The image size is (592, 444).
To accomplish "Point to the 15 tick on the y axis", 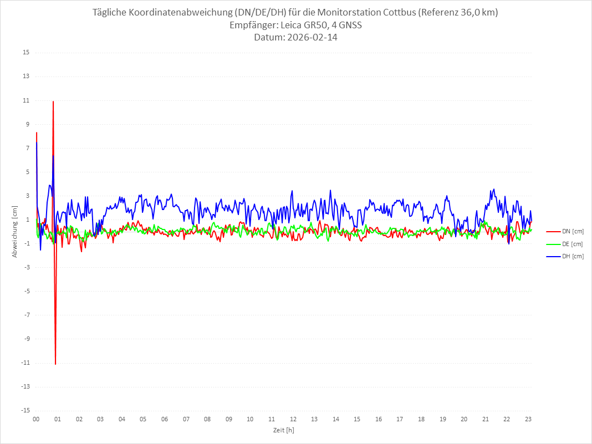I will pos(26,53).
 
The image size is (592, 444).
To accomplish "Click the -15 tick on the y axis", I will pos(25,411).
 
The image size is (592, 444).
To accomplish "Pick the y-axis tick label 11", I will pos(26,100).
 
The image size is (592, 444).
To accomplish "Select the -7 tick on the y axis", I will pos(26,315).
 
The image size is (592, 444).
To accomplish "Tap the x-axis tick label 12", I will pos(293,420).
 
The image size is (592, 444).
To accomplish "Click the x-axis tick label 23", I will pos(528,420).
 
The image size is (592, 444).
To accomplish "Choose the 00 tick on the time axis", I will pos(36,420).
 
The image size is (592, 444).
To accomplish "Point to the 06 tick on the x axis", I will pos(165,420).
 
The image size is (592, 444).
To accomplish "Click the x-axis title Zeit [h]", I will pos(283,430).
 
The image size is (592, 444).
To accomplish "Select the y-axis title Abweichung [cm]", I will pos(15,231).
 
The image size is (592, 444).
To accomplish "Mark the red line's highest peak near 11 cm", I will pos(53,101).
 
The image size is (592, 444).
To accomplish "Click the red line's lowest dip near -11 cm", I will pos(55,364).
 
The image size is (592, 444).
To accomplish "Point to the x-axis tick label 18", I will pos(421,420).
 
